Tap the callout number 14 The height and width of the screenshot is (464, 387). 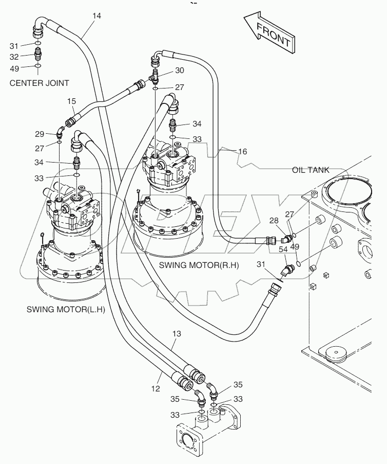click(96, 16)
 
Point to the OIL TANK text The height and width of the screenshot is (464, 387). click(311, 170)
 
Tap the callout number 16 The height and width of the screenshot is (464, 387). click(242, 151)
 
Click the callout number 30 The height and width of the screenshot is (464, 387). click(179, 70)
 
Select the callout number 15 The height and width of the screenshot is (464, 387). click(71, 102)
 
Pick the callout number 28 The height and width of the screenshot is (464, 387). click(275, 221)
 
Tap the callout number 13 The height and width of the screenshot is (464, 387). click(176, 334)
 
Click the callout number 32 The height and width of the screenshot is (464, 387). click(14, 57)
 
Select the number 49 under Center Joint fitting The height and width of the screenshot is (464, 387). click(14, 68)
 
